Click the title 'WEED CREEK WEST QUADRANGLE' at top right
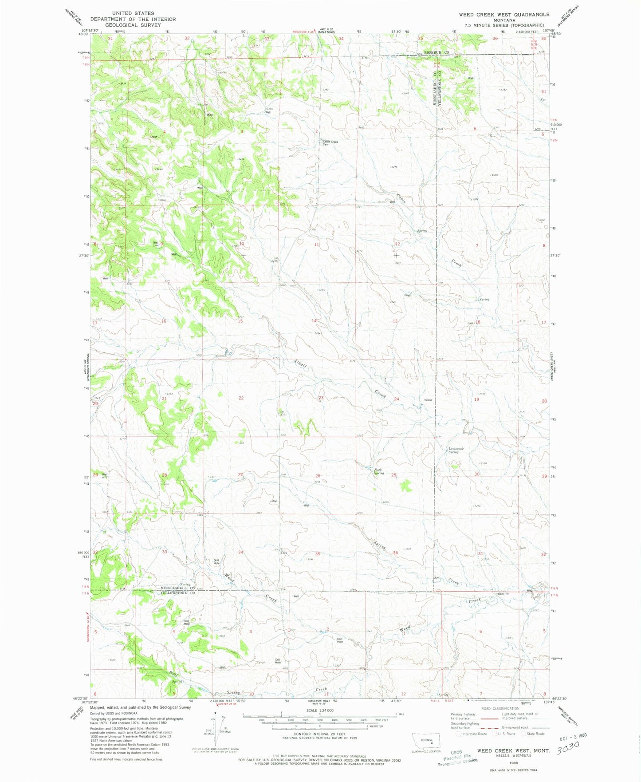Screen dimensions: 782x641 pyautogui.click(x=504, y=15)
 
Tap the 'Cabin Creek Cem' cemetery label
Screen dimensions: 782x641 pyautogui.click(x=330, y=143)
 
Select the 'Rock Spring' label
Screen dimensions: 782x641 pyautogui.click(x=379, y=471)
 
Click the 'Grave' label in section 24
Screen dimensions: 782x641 pyautogui.click(x=428, y=400)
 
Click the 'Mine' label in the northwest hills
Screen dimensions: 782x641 pyautogui.click(x=209, y=115)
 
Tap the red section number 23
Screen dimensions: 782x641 pyautogui.click(x=321, y=398)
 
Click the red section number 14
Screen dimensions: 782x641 pyautogui.click(x=314, y=320)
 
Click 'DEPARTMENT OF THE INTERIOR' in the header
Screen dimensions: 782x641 pyautogui.click(x=133, y=19)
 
